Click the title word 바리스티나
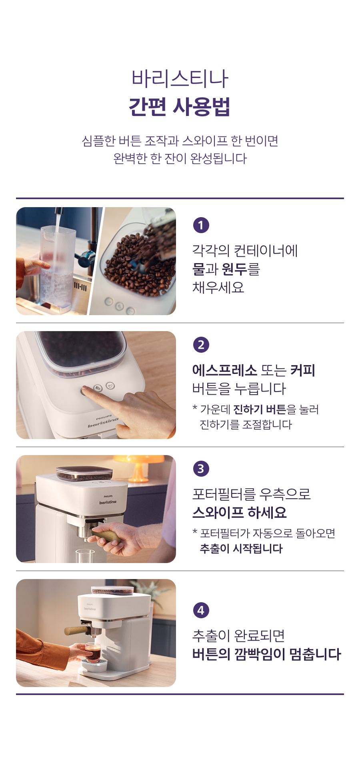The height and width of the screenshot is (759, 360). [x=180, y=78]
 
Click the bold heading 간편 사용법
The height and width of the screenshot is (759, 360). [x=180, y=106]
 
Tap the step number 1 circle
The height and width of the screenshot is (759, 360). [x=201, y=225]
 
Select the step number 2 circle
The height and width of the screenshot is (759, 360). [x=201, y=345]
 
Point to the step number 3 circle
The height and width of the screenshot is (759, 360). [x=201, y=469]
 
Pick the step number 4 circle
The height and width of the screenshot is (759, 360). [x=201, y=610]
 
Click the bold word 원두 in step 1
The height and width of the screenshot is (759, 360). [x=234, y=269]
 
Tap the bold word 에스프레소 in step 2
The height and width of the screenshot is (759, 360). [x=224, y=370]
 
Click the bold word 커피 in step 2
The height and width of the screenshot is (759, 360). [x=303, y=370]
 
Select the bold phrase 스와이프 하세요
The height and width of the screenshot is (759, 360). [x=240, y=512]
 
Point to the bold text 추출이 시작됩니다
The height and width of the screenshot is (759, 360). [x=241, y=549]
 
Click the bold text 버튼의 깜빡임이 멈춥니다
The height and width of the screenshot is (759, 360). [x=266, y=654]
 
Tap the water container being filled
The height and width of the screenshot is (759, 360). [x=57, y=268]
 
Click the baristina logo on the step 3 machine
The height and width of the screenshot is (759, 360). [x=108, y=502]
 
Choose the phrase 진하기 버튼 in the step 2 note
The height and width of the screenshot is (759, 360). [x=260, y=409]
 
